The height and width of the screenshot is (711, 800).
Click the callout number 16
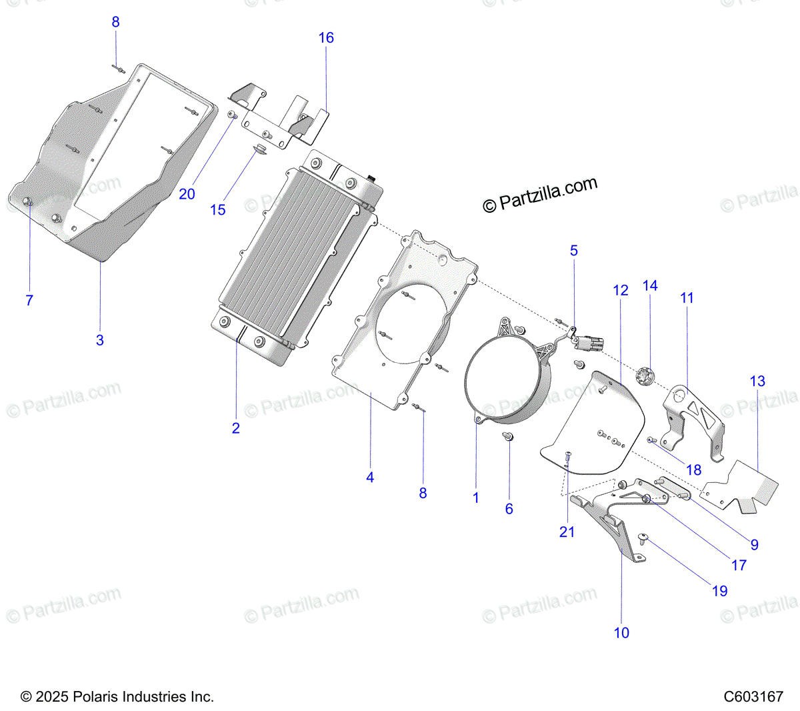(x=326, y=38)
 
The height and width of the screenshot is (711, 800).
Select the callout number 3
(x=100, y=340)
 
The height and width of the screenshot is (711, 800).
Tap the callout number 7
(x=29, y=301)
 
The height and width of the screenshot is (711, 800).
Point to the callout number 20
(x=187, y=194)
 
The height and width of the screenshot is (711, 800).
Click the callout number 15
(x=218, y=210)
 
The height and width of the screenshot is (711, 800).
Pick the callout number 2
(x=235, y=428)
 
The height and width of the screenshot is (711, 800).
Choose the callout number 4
(x=370, y=478)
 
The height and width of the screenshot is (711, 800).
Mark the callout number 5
(x=574, y=251)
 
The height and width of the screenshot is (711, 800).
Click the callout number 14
(x=650, y=285)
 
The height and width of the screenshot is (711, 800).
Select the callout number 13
(x=757, y=382)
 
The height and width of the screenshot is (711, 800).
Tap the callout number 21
(x=567, y=532)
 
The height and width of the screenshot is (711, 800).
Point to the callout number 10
(x=621, y=633)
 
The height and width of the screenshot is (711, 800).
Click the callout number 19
(x=720, y=591)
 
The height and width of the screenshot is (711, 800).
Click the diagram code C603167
(x=753, y=697)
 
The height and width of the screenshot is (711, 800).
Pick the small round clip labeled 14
(x=644, y=378)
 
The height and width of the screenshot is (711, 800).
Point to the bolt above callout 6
(x=508, y=437)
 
